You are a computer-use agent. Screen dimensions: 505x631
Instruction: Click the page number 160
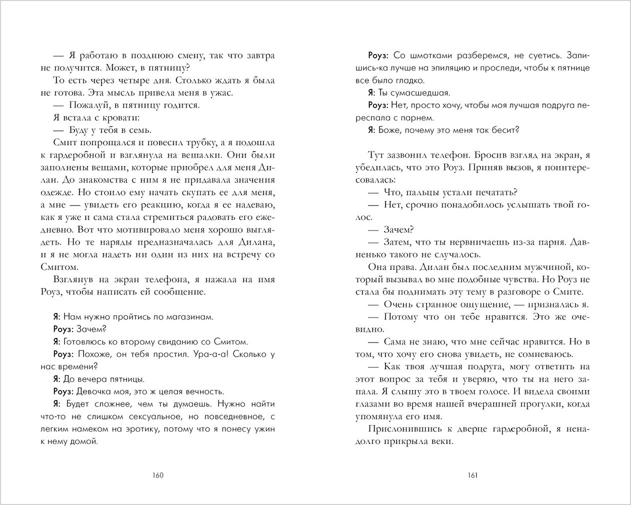(157, 475)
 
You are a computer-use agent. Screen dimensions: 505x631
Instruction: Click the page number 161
(472, 475)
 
